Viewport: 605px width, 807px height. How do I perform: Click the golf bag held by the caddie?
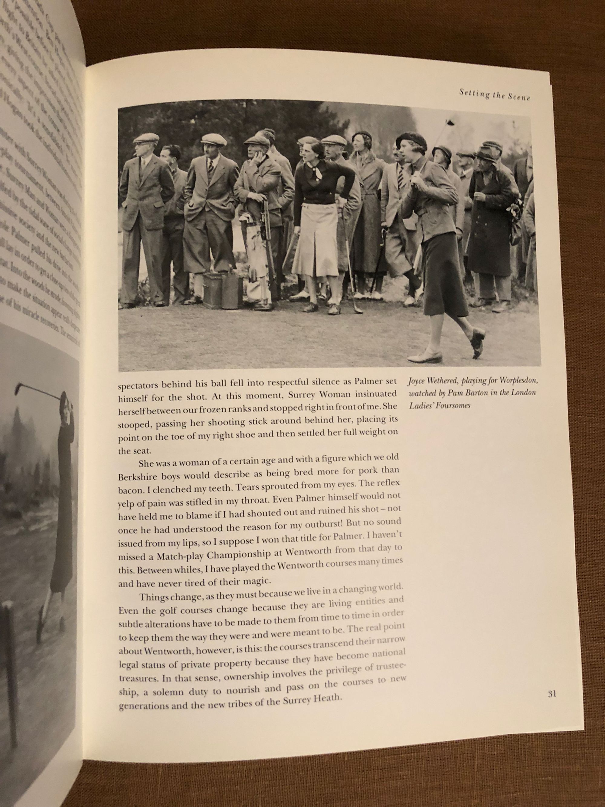point(258,252)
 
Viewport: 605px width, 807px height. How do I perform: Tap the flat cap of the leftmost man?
point(146,138)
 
